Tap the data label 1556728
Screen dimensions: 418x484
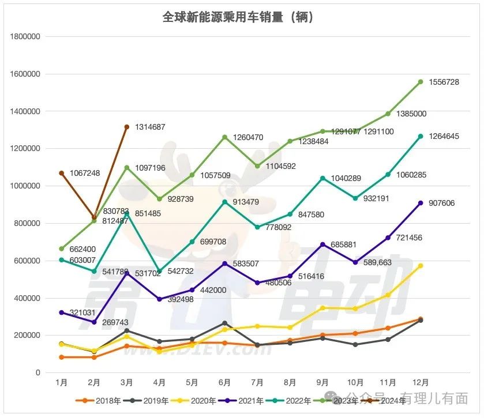(444, 82)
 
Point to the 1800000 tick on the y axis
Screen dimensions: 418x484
(25, 37)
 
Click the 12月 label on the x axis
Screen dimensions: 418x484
(421, 383)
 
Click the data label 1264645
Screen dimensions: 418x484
(444, 137)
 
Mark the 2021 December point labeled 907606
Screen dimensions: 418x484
(421, 203)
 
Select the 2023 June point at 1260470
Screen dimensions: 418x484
(225, 137)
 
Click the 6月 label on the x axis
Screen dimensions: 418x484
(225, 383)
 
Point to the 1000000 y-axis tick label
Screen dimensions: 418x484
(25, 186)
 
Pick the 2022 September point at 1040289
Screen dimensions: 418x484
(323, 178)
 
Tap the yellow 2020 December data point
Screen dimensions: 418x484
(421, 266)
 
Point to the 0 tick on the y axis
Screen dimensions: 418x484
(37, 373)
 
